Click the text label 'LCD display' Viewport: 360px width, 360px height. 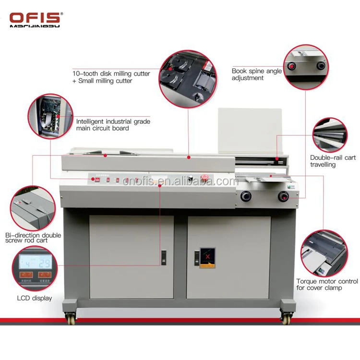tap(35, 299)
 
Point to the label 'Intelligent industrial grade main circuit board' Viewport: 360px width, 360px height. tap(113, 125)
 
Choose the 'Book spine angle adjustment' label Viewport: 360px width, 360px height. tap(257, 74)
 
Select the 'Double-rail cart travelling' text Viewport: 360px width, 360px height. tap(333, 161)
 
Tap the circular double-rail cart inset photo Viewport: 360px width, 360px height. tap(330, 134)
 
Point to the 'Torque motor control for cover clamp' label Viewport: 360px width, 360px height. tap(327, 284)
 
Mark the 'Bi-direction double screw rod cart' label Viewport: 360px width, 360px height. tap(33, 238)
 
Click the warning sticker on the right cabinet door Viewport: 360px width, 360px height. tap(207, 258)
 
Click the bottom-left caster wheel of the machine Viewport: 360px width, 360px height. tap(71, 318)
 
